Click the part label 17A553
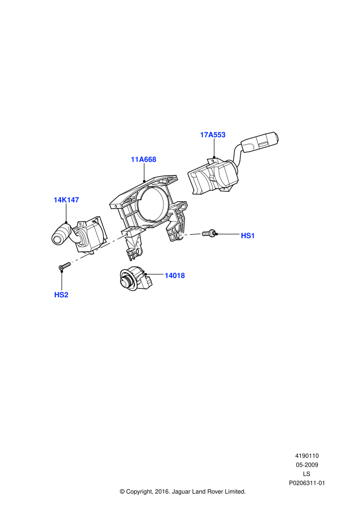pyautogui.click(x=212, y=135)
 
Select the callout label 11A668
pyautogui.click(x=143, y=160)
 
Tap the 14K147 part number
pyautogui.click(x=66, y=200)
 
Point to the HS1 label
pyautogui.click(x=248, y=236)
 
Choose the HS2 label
pyautogui.click(x=61, y=295)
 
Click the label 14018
pyautogui.click(x=175, y=275)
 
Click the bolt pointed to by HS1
pyautogui.click(x=209, y=233)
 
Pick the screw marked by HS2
pyautogui.click(x=65, y=267)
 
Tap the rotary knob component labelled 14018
pyautogui.click(x=134, y=280)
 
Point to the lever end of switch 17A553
pyautogui.click(x=260, y=142)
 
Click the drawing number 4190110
pyautogui.click(x=307, y=456)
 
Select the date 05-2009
pyautogui.click(x=307, y=465)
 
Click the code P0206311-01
pyautogui.click(x=307, y=483)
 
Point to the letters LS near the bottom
pyautogui.click(x=306, y=474)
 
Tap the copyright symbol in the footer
pyautogui.click(x=122, y=491)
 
